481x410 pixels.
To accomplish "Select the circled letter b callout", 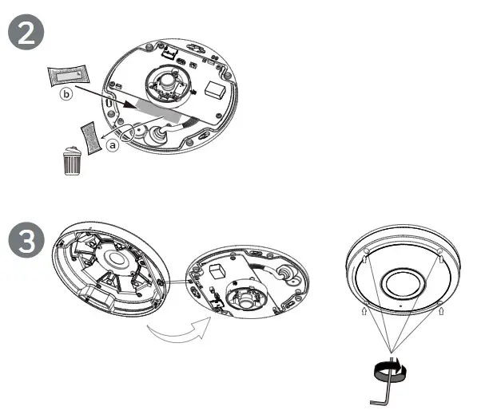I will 68,97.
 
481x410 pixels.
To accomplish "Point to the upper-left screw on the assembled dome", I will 366,254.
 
